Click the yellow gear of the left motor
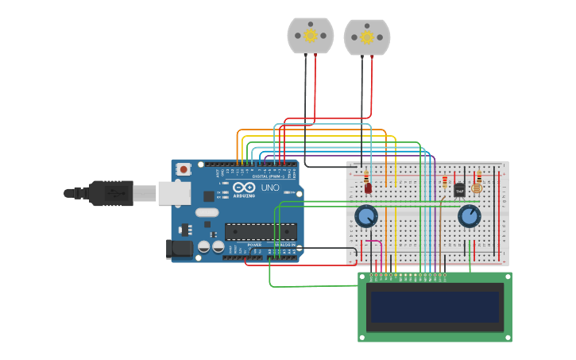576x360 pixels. (x=311, y=36)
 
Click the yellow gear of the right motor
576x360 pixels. (x=367, y=37)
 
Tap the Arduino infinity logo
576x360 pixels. (x=243, y=187)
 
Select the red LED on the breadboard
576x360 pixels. (x=367, y=188)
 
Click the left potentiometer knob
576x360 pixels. (x=365, y=216)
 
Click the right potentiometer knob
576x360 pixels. (x=470, y=215)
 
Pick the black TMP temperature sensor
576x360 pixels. (x=459, y=190)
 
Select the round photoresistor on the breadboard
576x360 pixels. (x=477, y=188)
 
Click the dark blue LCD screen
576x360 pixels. (x=435, y=306)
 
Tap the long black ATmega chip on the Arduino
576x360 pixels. (x=261, y=231)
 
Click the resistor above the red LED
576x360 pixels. (x=366, y=176)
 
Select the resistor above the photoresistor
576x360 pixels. (x=478, y=176)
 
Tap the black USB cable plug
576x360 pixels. (x=110, y=193)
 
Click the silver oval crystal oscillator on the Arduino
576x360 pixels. (x=207, y=212)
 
